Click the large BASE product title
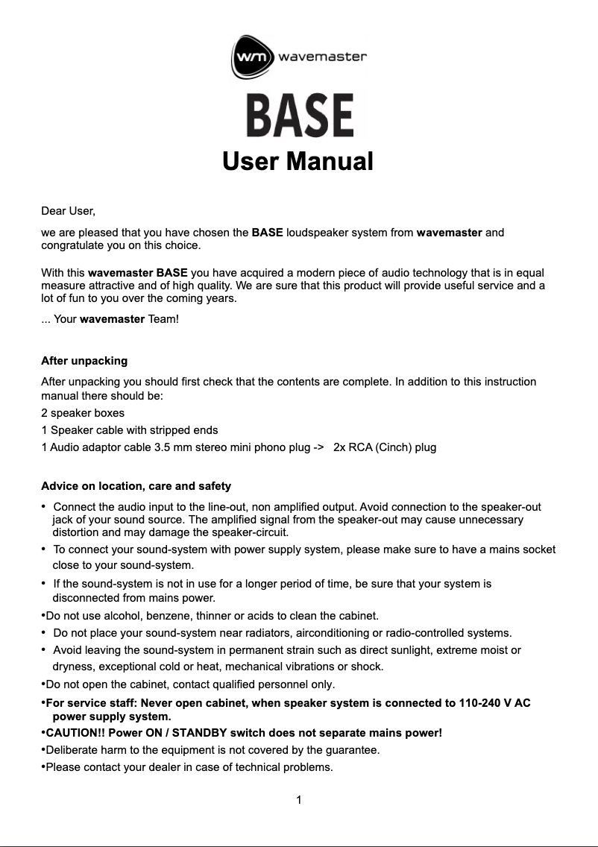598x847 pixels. point(300,116)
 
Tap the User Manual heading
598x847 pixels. point(298,161)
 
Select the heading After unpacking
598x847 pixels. point(84,361)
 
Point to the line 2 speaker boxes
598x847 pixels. point(83,412)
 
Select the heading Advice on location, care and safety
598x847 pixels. point(136,486)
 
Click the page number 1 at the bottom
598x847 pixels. point(298,801)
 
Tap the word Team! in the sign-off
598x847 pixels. point(163,319)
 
